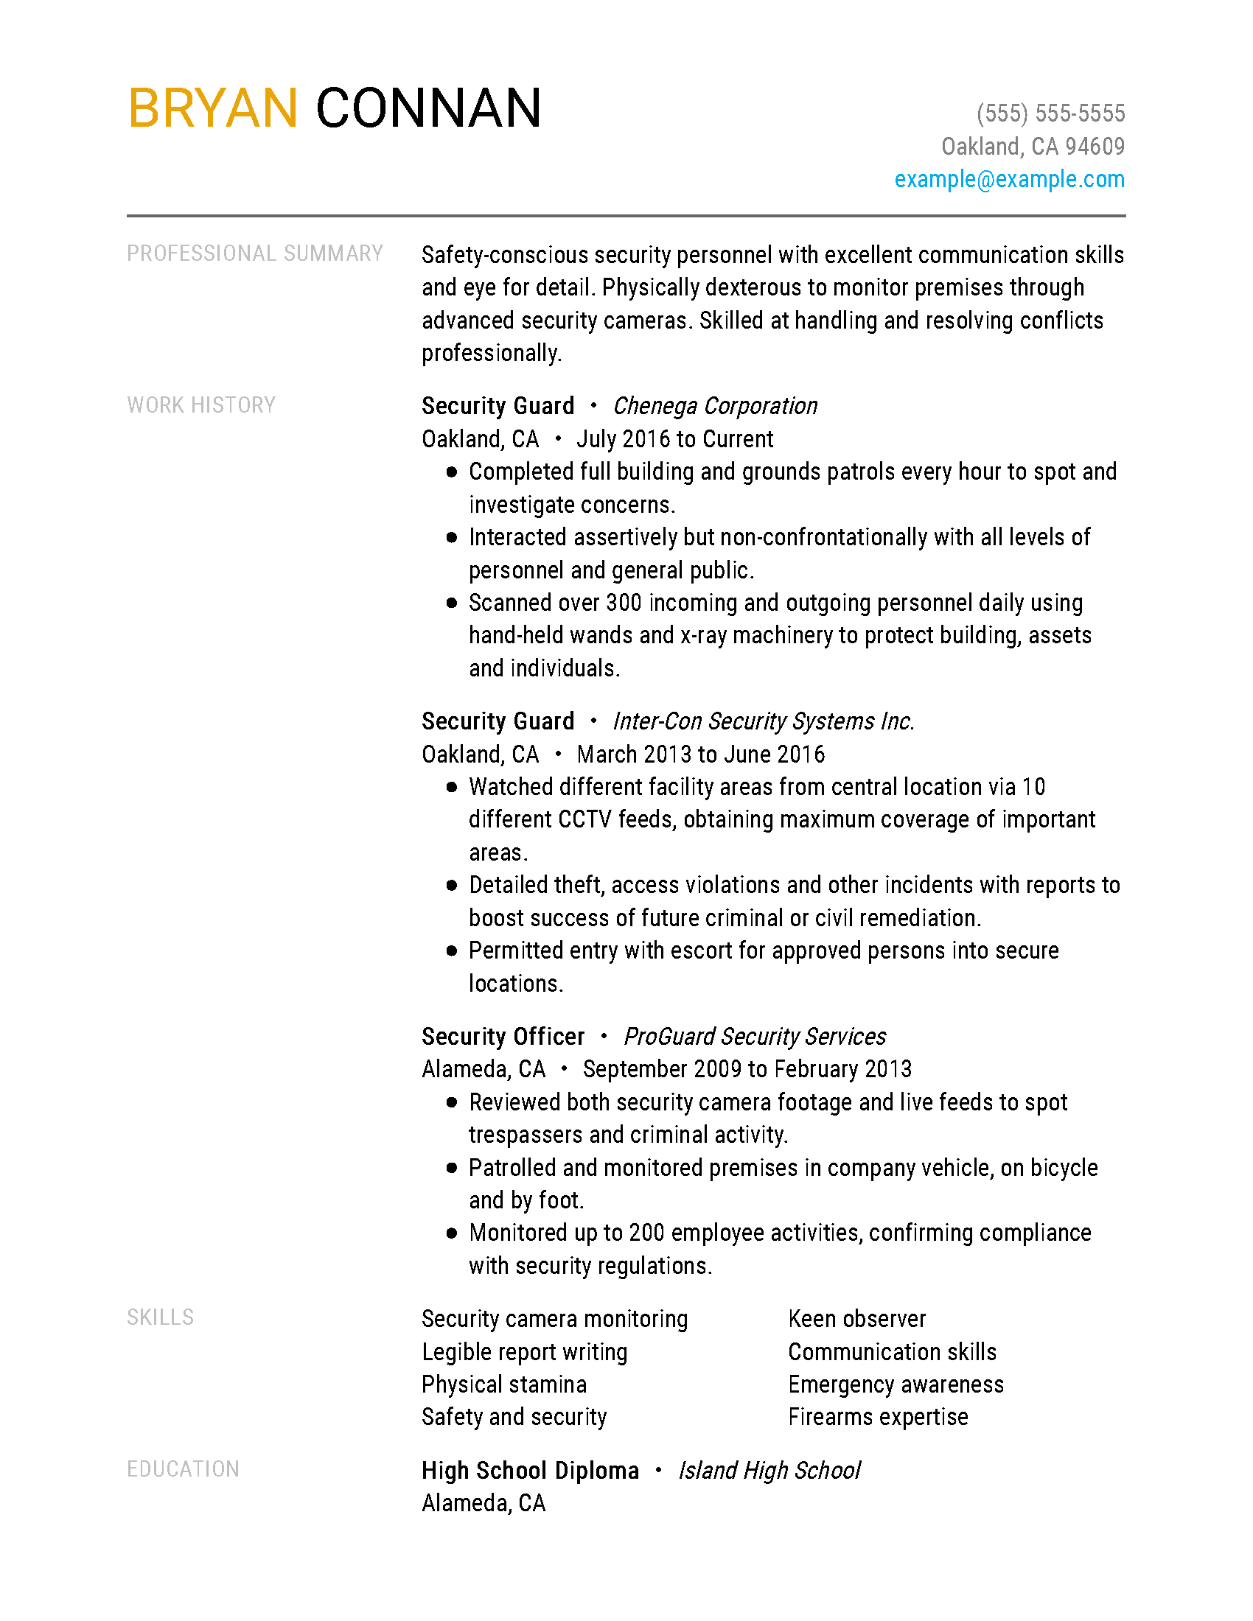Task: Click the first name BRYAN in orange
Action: [213, 108]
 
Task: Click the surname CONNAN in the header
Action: [428, 108]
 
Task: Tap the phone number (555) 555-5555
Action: [1050, 113]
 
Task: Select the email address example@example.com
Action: [1009, 179]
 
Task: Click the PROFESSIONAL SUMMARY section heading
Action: [254, 254]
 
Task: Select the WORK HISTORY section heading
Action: [201, 405]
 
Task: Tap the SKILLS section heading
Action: [161, 1317]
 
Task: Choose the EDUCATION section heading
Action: [184, 1468]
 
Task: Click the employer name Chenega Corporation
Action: [715, 406]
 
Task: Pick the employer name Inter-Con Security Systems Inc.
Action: [763, 721]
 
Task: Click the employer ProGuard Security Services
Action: [754, 1036]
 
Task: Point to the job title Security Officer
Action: [503, 1036]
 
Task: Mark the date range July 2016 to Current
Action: [674, 439]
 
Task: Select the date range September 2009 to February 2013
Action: [747, 1069]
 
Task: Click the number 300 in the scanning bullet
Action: [624, 603]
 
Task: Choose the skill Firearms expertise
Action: [878, 1417]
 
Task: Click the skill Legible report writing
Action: [524, 1351]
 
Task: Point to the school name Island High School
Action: [769, 1471]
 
